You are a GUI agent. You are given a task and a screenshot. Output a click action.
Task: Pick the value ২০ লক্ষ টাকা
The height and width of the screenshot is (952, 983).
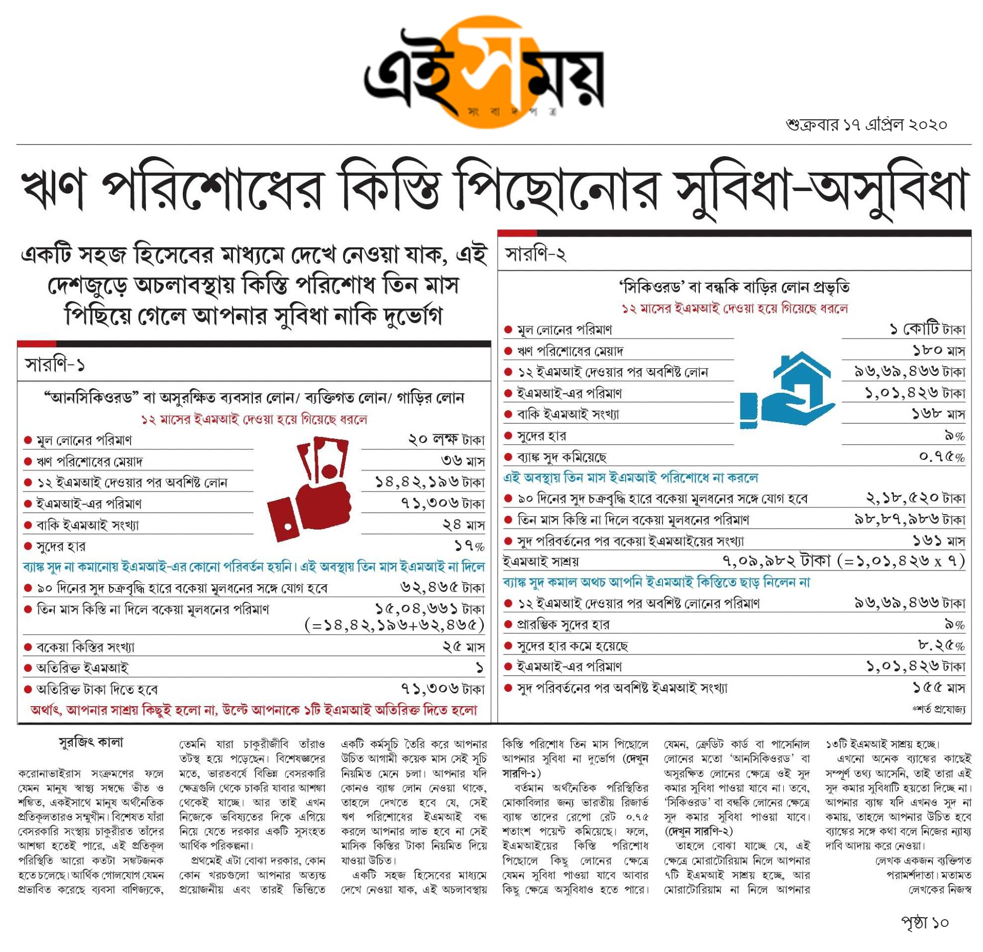coord(446,440)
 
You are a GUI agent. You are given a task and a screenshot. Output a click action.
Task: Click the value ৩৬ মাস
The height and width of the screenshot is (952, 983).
coord(463,461)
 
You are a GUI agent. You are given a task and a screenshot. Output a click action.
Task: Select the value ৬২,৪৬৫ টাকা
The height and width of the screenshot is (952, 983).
coord(442,587)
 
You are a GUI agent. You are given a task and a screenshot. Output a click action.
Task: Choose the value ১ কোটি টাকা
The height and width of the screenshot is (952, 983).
coord(927,329)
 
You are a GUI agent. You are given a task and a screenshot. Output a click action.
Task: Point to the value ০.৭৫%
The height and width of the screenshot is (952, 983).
coord(942,456)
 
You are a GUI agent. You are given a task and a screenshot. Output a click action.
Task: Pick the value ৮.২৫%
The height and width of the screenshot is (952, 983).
coord(942,646)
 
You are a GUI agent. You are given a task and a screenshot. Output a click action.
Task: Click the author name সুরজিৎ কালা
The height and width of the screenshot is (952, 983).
coord(91,743)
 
